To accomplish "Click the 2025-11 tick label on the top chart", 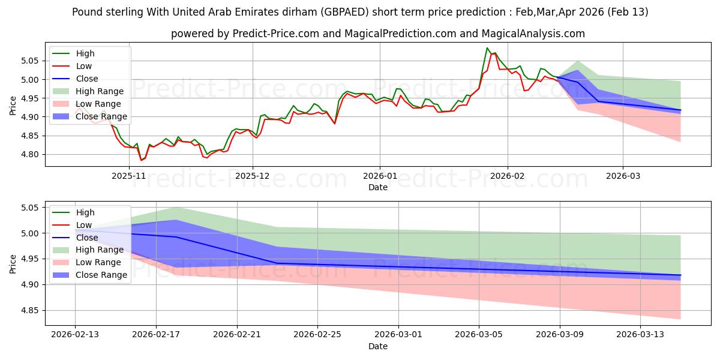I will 129,176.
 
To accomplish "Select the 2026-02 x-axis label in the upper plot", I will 508,176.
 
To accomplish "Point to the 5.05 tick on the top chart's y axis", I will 30,61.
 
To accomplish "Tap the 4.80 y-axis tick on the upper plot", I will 30,154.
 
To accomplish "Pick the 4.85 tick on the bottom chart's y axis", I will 30,310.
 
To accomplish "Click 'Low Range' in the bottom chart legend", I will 98,262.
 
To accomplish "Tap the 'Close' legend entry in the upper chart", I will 87,79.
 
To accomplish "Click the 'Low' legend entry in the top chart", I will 85,66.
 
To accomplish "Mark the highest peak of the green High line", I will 487,48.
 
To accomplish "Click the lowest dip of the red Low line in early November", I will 142,160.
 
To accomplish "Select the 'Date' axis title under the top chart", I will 378,188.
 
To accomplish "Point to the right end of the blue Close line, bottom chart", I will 680,275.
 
